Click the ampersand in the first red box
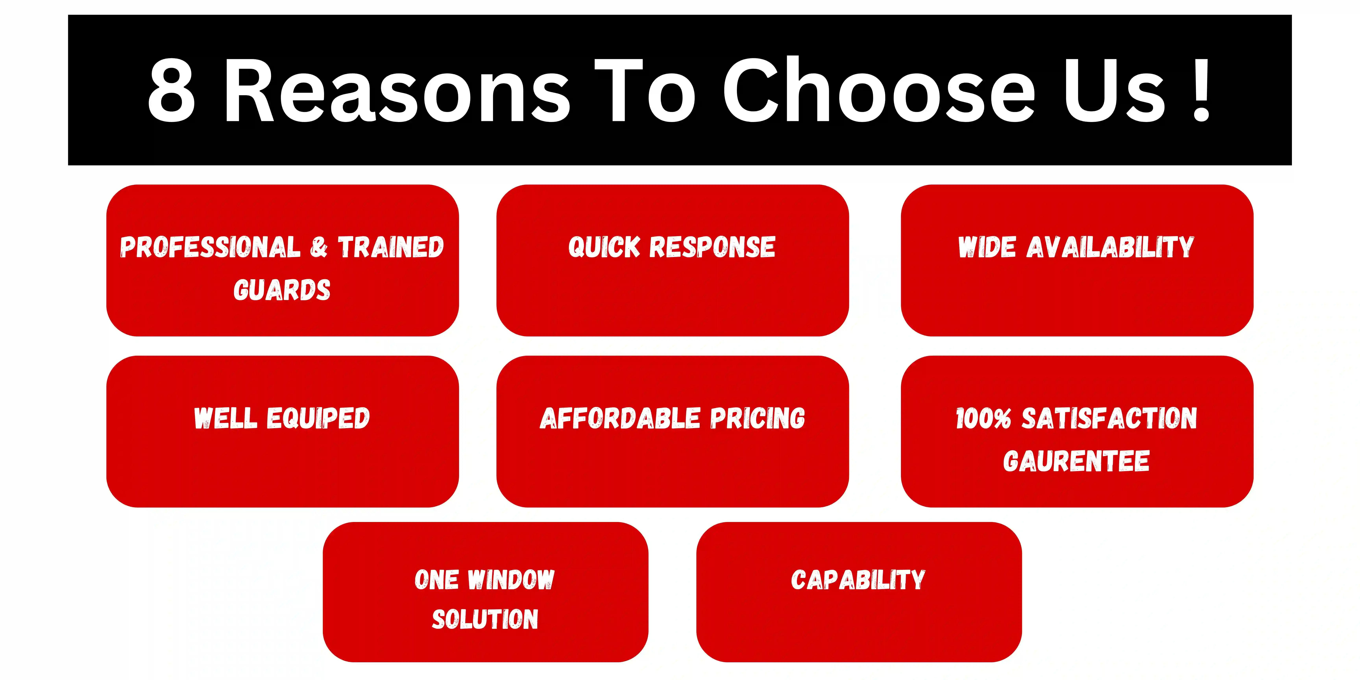(x=319, y=247)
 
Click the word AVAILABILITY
(x=1110, y=247)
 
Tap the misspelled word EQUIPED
(x=318, y=418)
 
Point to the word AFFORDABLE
(x=620, y=418)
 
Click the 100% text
(x=983, y=418)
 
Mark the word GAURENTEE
(x=1076, y=461)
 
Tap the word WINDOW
(x=511, y=580)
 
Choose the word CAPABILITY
(x=858, y=580)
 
